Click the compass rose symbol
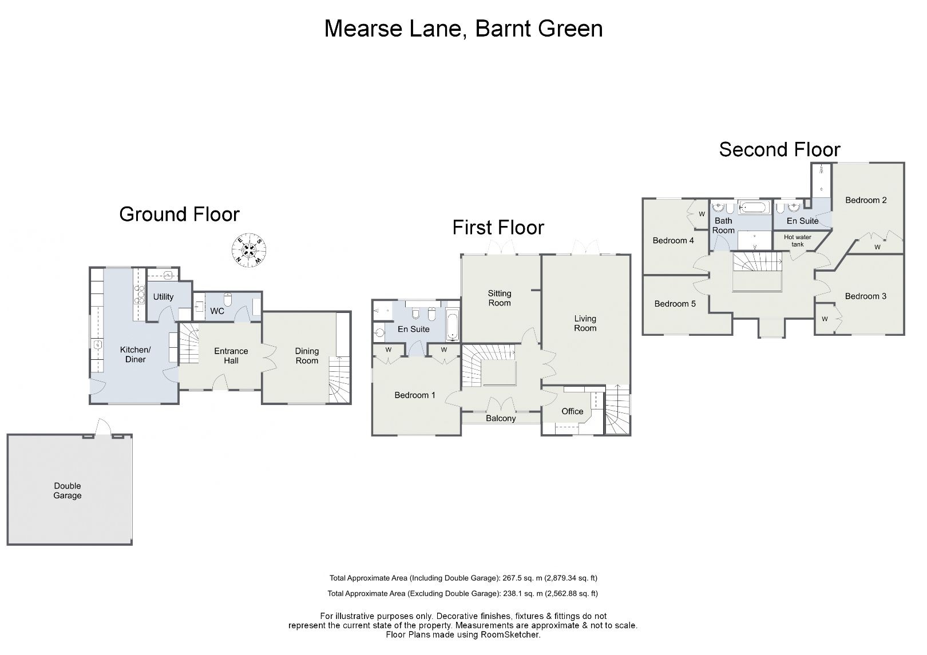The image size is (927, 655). pos(249,249)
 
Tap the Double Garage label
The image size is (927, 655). pos(68,491)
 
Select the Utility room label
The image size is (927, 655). pos(163,297)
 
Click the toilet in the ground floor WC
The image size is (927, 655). pos(228,299)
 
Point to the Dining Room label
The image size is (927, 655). pos(307,356)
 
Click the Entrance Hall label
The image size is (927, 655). pos(231,356)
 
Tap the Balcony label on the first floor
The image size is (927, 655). pos(501,418)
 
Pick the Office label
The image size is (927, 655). pos(572,411)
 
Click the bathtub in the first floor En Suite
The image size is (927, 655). pos(452,325)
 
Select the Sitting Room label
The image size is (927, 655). pos(500,298)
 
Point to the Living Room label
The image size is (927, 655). pos(585,323)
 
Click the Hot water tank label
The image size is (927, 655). pos(798,241)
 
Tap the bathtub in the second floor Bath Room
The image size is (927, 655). pos(755,207)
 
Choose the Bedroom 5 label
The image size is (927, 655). pos(675,304)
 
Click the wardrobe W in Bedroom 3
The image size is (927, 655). pos(825,319)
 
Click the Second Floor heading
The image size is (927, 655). pos(779,149)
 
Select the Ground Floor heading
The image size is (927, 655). pos(179,214)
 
